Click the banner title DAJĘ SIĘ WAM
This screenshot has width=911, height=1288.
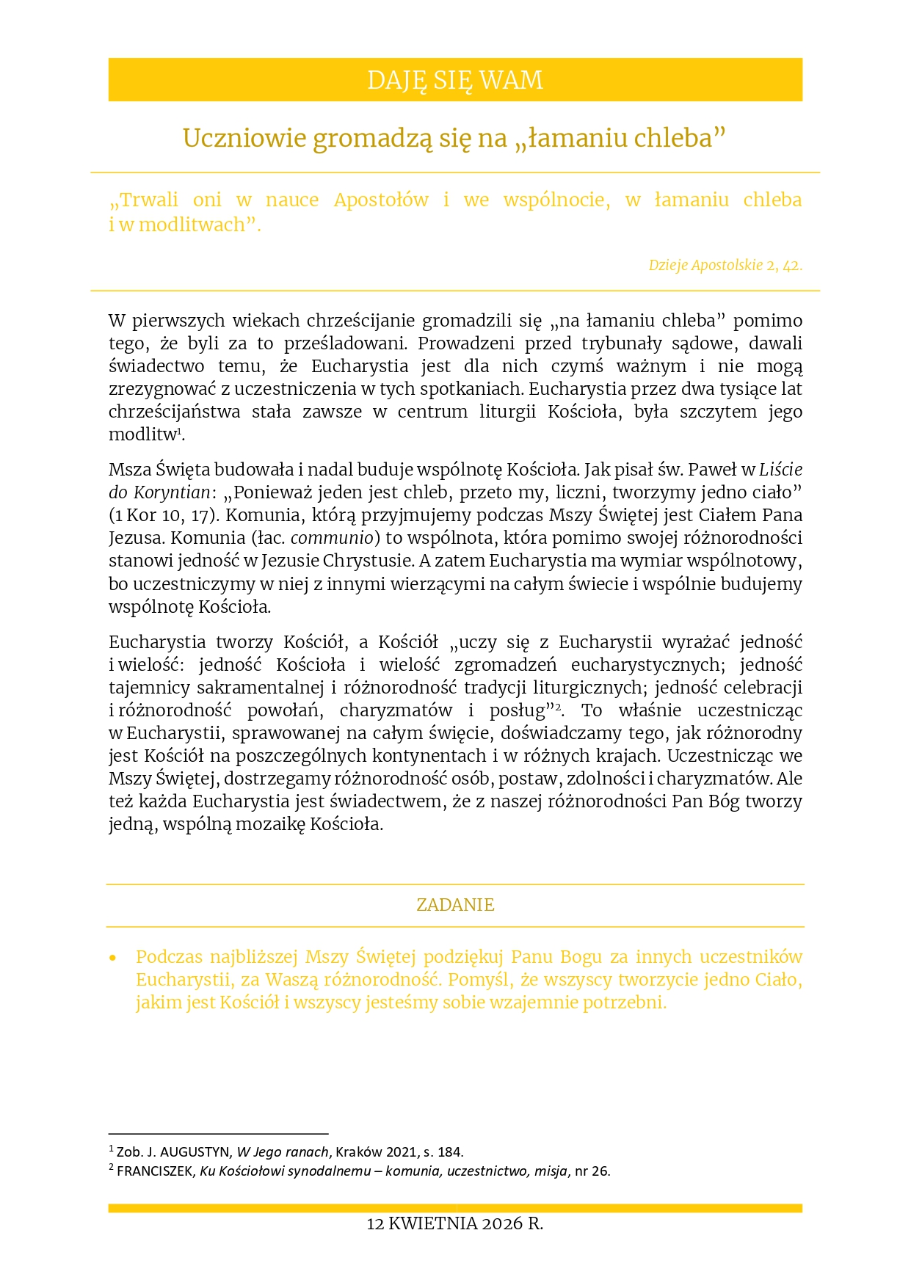[x=455, y=80]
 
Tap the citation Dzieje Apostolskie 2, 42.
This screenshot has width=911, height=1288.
[x=725, y=266]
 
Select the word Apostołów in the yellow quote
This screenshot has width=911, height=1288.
[x=381, y=200]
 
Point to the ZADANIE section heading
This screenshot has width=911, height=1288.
[x=455, y=905]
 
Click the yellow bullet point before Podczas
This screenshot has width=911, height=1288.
[x=113, y=958]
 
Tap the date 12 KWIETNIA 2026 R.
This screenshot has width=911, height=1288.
[x=455, y=1223]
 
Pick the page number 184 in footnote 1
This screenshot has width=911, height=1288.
[x=451, y=1152]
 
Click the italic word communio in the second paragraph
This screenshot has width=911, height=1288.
[x=332, y=538]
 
